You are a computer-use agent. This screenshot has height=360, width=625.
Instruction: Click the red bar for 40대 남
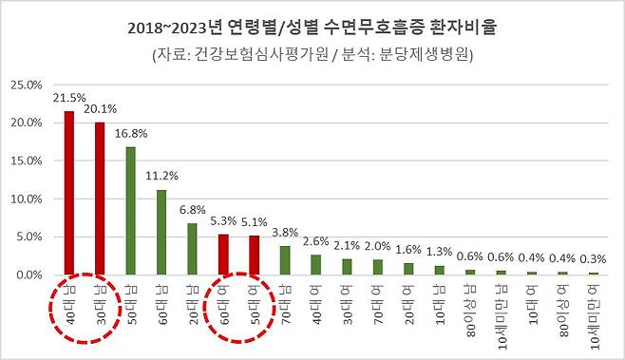69,194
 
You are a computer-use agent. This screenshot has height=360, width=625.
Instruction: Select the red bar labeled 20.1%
99,199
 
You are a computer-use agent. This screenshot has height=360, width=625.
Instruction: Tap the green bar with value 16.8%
129,211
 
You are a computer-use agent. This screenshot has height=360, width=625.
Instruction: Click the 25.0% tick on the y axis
25,85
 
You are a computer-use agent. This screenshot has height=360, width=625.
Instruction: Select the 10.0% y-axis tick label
25,199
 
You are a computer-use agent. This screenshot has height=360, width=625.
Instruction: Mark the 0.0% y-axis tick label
28,275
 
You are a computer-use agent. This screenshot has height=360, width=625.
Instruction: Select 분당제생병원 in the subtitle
426,54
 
